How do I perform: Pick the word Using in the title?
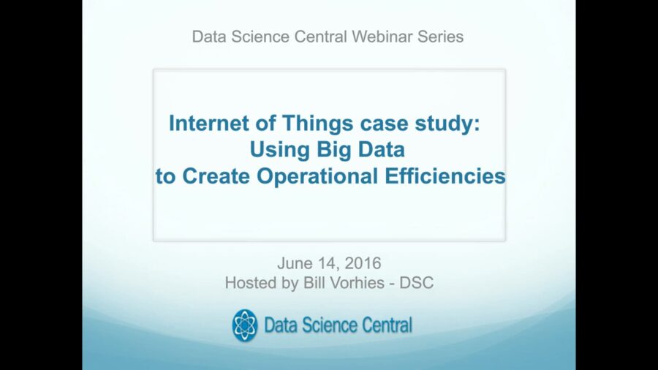(x=275, y=150)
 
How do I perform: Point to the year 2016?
(x=362, y=263)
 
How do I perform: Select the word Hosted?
(x=249, y=283)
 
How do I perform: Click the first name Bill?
(x=309, y=283)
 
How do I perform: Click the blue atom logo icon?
(x=245, y=325)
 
